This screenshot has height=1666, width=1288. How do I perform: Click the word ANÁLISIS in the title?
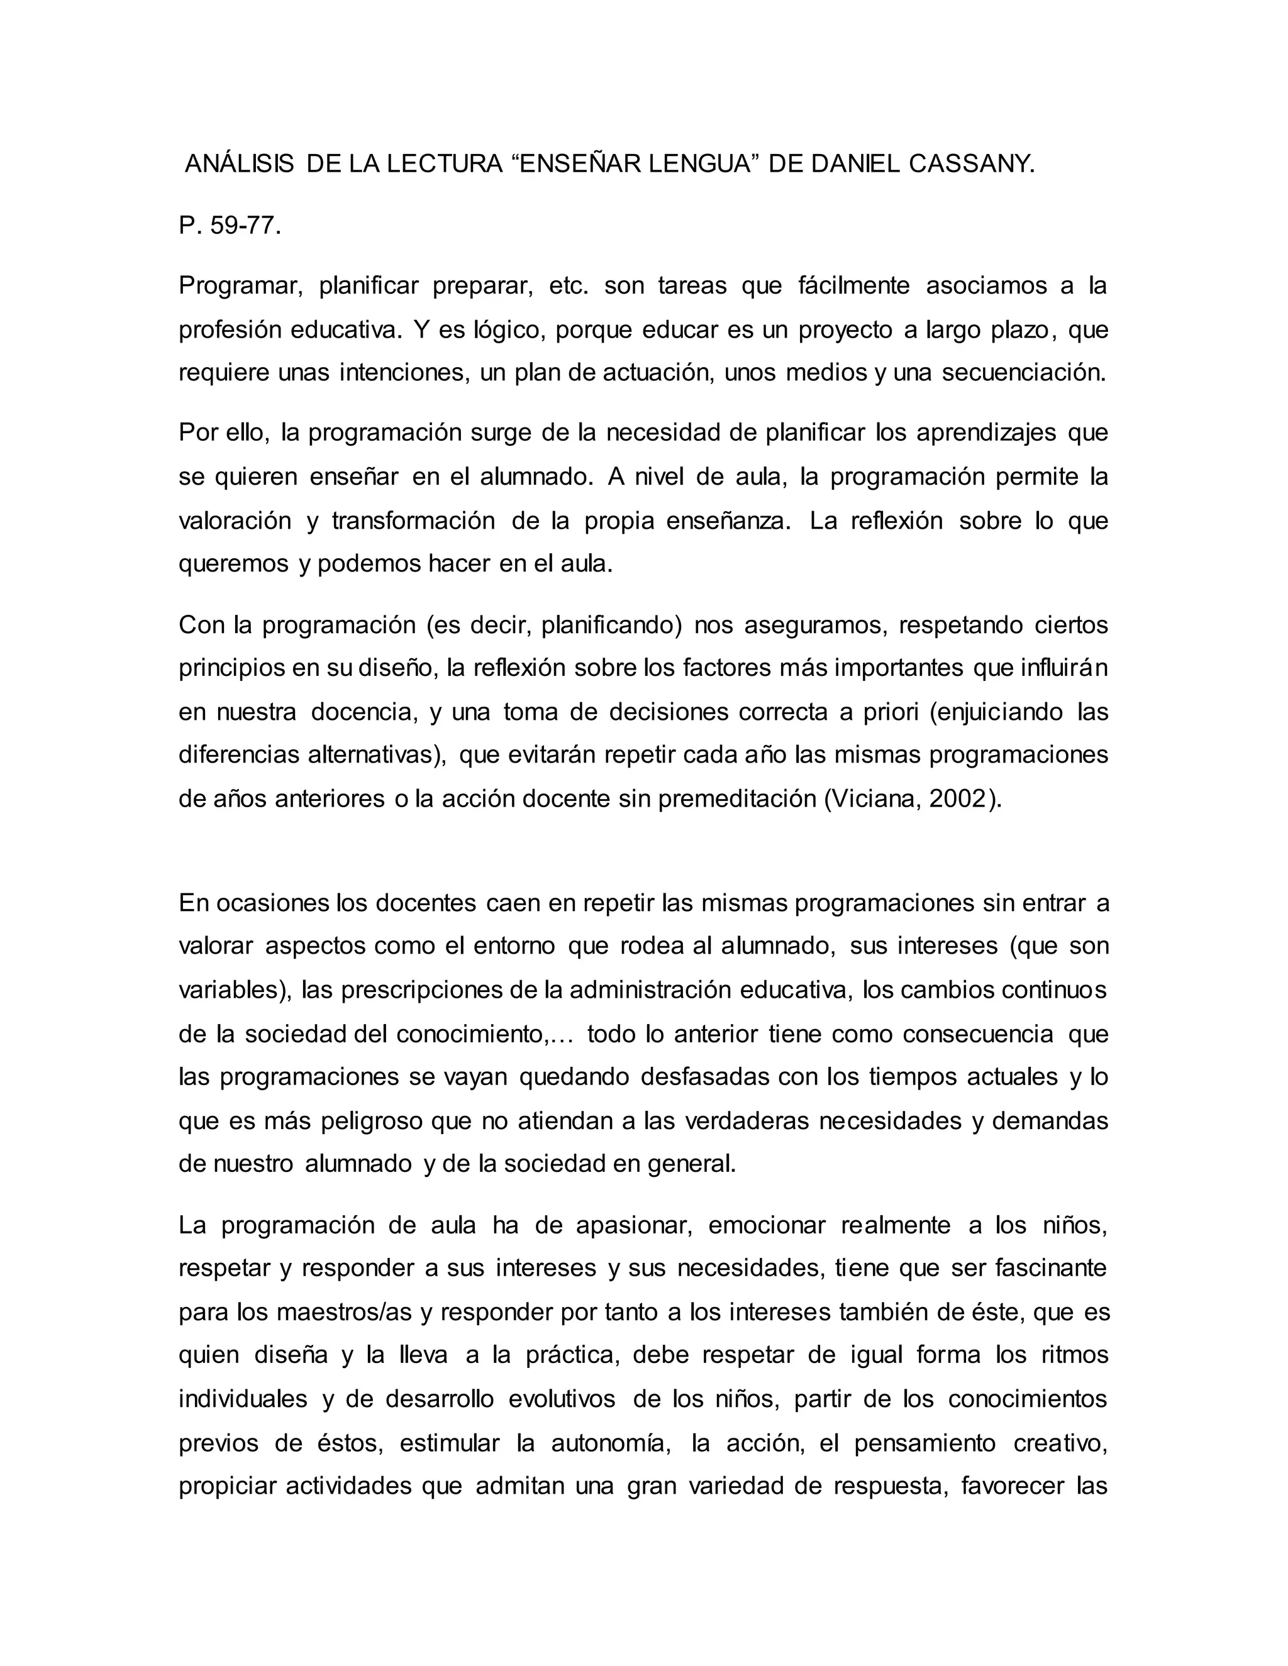[x=239, y=164]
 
